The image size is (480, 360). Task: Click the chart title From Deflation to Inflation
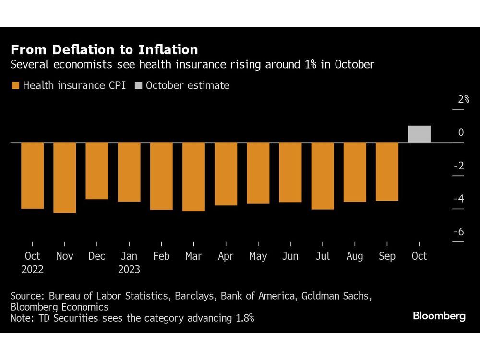(104, 50)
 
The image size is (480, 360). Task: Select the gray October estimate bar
(419, 134)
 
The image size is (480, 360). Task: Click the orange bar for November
(64, 178)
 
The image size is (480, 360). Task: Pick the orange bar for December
(97, 171)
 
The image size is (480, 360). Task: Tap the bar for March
(193, 177)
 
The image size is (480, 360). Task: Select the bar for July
(322, 176)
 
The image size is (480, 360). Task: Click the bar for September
(387, 172)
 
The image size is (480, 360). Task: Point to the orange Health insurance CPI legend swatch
(15, 86)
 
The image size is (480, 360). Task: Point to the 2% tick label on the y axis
(463, 99)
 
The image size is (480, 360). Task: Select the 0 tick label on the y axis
(461, 132)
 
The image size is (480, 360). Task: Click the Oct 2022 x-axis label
(32, 263)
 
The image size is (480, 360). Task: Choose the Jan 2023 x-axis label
(129, 263)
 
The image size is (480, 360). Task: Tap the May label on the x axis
(258, 256)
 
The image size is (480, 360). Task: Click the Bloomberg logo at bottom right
(439, 316)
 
